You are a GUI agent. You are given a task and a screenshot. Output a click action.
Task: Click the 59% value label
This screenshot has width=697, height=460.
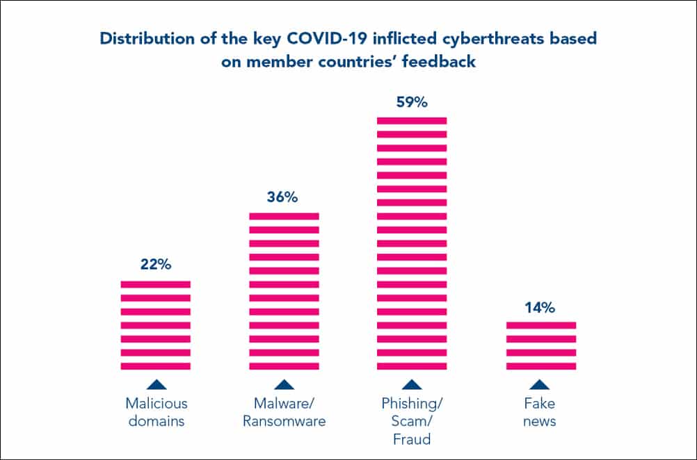[411, 102]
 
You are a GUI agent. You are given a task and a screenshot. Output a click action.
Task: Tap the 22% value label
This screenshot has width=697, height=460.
[155, 265]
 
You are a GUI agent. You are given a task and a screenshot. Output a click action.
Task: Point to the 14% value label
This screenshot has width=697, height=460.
[540, 306]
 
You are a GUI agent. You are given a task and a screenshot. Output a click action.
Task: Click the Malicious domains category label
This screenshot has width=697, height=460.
[156, 412]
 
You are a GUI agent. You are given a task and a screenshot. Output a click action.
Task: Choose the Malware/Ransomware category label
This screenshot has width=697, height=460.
[284, 412]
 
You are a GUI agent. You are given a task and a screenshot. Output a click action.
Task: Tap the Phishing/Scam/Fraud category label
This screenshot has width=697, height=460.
[412, 421]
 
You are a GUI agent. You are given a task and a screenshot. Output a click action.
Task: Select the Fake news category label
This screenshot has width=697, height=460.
[540, 412]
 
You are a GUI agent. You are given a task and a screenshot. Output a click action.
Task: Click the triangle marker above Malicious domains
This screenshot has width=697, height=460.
[156, 384]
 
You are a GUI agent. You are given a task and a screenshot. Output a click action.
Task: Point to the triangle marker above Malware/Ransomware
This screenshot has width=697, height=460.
[284, 384]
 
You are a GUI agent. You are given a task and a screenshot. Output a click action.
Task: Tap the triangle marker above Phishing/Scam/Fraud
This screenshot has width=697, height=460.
[412, 384]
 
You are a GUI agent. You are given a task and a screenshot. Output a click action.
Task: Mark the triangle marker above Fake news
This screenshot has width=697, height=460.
[540, 384]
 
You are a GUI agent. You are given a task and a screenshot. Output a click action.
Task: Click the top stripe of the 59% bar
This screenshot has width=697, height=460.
[412, 120]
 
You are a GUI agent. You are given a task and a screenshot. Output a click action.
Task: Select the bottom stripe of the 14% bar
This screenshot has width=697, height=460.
[540, 366]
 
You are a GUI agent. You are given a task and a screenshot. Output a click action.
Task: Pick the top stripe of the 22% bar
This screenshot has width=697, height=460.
[156, 284]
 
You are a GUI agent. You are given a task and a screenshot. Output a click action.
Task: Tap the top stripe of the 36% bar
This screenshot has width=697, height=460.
[284, 216]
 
